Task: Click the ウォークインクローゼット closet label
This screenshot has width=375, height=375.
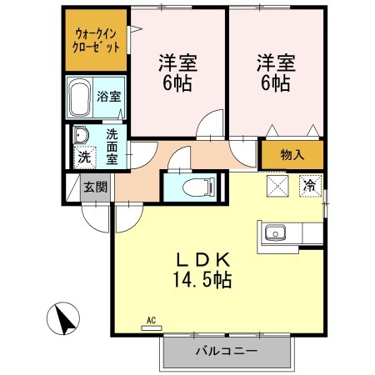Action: pyautogui.click(x=97, y=40)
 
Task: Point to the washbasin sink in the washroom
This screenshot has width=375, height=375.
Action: pyautogui.click(x=82, y=135)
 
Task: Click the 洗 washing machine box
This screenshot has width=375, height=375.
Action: pyautogui.click(x=82, y=156)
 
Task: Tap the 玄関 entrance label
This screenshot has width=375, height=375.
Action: pyautogui.click(x=94, y=187)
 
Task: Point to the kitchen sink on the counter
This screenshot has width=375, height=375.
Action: pyautogui.click(x=275, y=232)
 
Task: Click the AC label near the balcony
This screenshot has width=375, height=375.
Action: pyautogui.click(x=151, y=318)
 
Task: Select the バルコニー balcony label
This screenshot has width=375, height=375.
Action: pyautogui.click(x=227, y=351)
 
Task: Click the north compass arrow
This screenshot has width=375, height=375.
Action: pyautogui.click(x=64, y=317)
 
